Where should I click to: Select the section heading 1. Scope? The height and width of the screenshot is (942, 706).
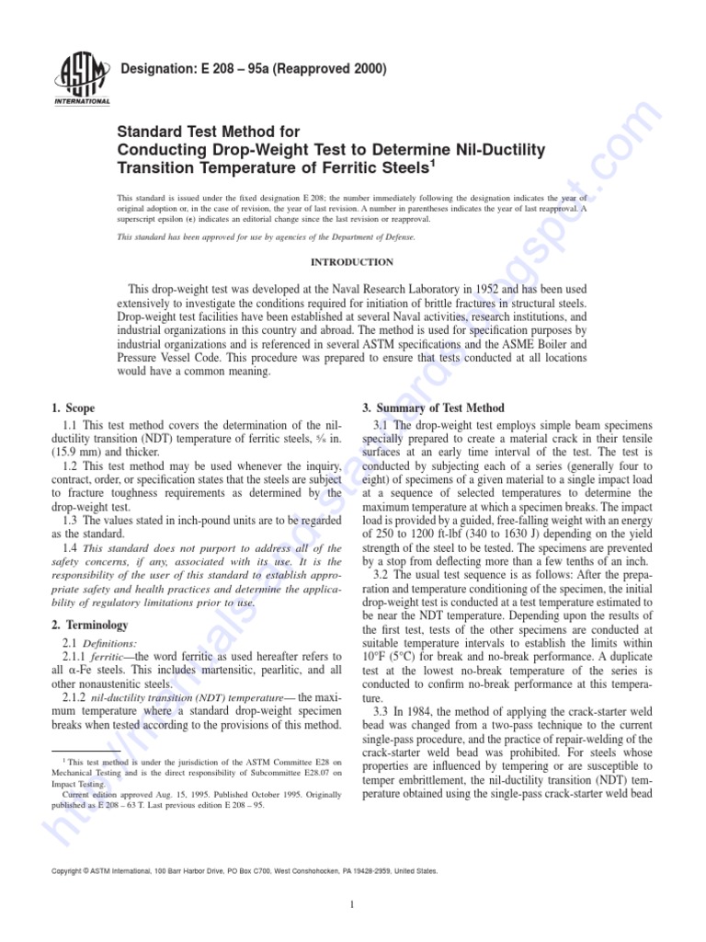click(73, 408)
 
